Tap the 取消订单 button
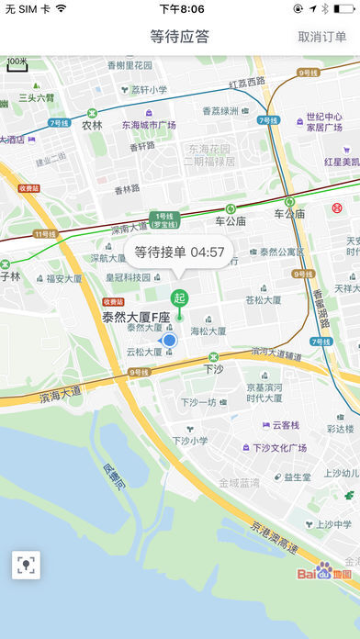[x=322, y=37]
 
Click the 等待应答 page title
[x=180, y=37]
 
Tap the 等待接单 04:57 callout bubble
[x=180, y=252]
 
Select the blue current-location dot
[x=169, y=341]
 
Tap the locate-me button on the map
[x=26, y=565]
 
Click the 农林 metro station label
[x=92, y=125]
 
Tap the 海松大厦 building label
[x=208, y=331]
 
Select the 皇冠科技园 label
[x=128, y=276]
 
